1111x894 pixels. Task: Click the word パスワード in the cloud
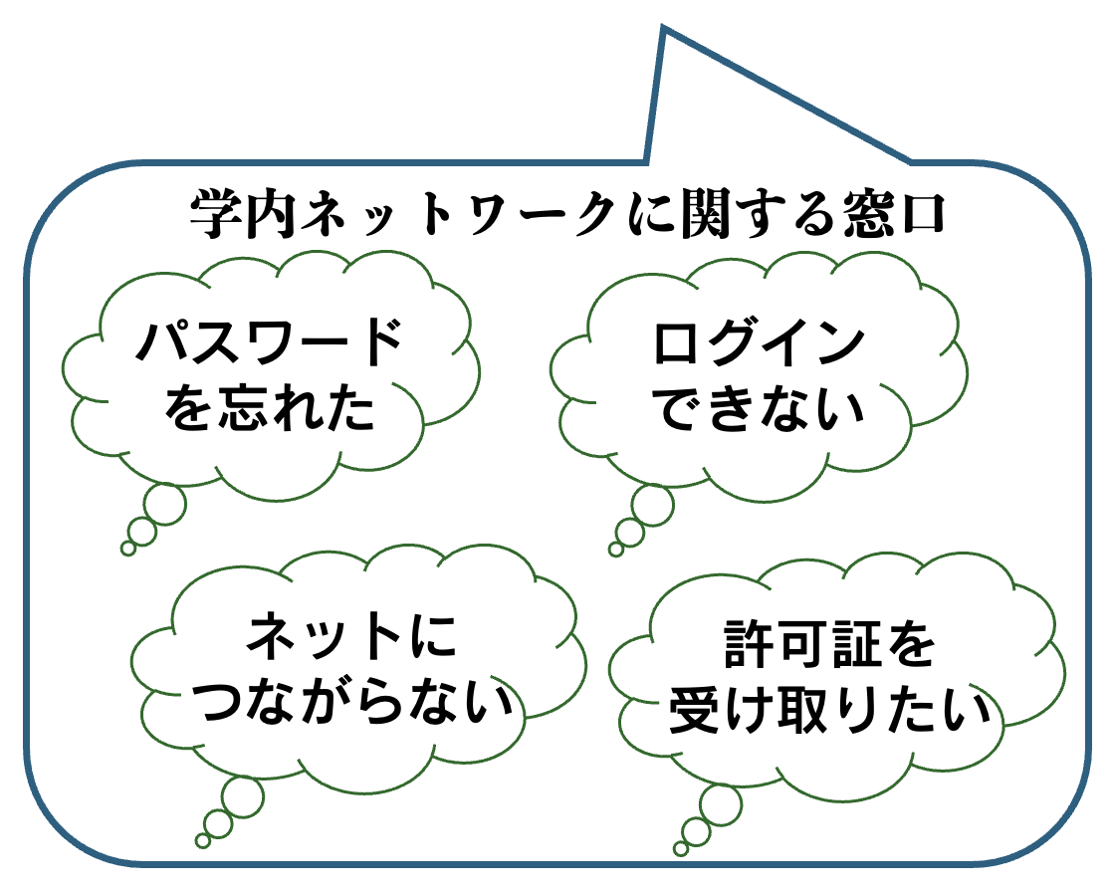[269, 343]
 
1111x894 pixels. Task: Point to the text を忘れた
[269, 408]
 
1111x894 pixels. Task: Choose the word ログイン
[759, 343]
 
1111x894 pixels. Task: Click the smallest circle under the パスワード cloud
[127, 548]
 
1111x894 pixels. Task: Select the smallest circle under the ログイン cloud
[615, 549]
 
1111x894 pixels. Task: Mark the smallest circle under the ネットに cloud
[203, 840]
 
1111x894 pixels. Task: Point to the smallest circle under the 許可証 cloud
[681, 849]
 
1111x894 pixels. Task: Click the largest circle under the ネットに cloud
[243, 796]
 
